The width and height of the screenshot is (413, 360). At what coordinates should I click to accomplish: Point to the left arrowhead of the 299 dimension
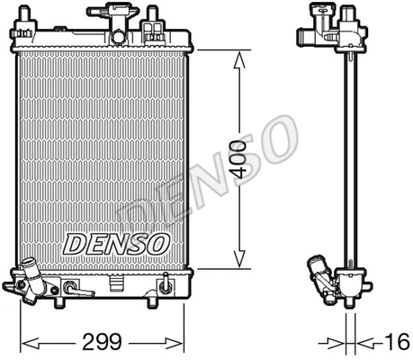[25, 342]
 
